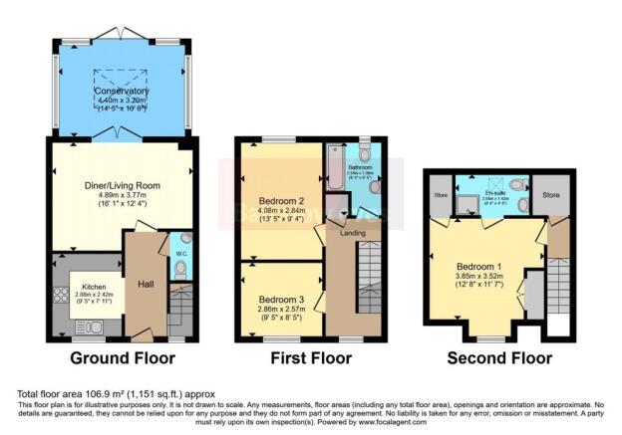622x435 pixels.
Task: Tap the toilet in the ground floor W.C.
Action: pos(180,267)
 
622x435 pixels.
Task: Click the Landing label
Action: pos(352,234)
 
